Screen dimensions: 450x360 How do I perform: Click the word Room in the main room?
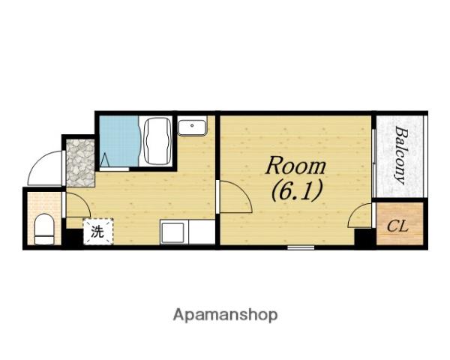coord(295,166)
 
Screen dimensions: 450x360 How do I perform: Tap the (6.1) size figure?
coord(296,190)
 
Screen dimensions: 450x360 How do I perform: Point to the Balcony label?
coord(401,155)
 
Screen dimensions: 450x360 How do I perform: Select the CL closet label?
coord(397,226)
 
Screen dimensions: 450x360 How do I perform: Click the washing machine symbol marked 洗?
coord(98,232)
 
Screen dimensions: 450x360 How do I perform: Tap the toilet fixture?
coord(44,229)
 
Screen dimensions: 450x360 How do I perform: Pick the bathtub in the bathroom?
coord(157,141)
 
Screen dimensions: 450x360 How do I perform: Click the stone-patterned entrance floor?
coord(80,163)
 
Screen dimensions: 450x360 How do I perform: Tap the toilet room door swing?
coord(78,205)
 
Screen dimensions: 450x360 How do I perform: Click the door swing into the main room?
coord(235,196)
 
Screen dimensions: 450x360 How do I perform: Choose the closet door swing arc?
coord(359,214)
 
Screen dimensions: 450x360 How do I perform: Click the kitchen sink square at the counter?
coord(172,232)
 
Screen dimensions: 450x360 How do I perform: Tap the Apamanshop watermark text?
coord(225,315)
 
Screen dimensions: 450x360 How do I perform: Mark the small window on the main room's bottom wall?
coord(301,247)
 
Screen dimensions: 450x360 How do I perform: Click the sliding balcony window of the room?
coord(374,163)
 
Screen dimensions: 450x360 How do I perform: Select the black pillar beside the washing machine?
coord(73,237)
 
